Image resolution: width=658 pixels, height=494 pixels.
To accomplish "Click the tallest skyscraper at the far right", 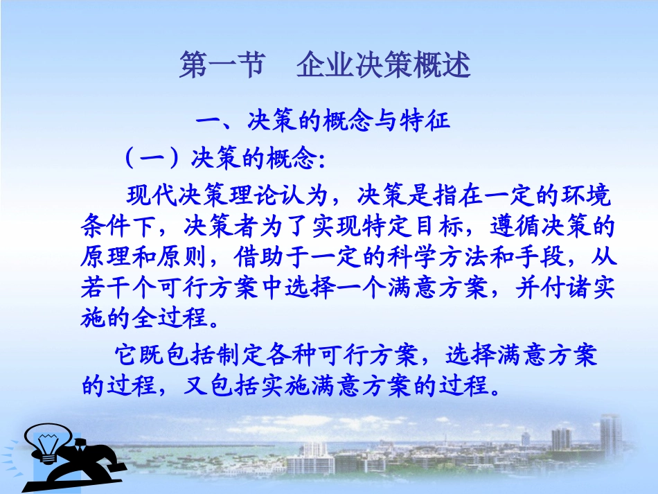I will [610, 434].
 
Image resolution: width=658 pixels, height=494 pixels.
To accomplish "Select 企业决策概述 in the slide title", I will [384, 67].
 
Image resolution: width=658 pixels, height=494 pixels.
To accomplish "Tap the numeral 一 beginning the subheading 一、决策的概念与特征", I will [207, 123].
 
